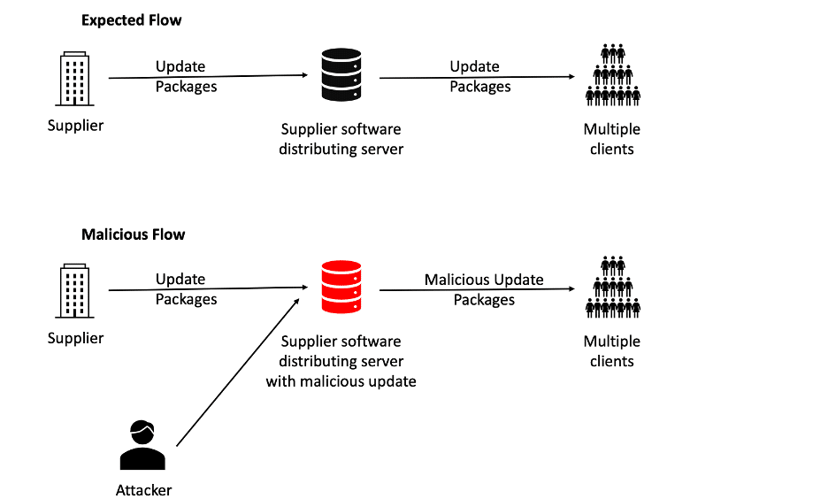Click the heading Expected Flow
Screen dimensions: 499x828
click(133, 20)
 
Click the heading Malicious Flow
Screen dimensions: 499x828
click(134, 234)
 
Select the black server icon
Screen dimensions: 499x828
click(341, 74)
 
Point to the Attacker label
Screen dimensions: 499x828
click(143, 490)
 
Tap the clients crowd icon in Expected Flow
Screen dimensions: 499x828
click(612, 75)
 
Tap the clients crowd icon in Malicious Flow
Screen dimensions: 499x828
click(612, 287)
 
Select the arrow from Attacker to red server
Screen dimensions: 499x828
click(237, 372)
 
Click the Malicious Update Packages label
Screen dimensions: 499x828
click(484, 289)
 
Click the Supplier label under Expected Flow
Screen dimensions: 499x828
click(75, 126)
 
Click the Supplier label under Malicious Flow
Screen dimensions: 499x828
click(75, 338)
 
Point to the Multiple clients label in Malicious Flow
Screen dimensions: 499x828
click(611, 351)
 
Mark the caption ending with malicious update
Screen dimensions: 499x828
click(341, 361)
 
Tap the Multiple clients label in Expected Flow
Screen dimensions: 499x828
click(611, 139)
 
